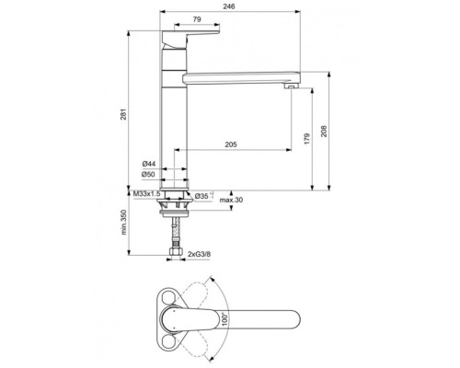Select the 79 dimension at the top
click(198, 20)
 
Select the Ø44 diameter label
click(149, 164)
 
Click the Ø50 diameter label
click(149, 174)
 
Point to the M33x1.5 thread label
click(146, 195)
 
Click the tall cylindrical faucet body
click(176, 129)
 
